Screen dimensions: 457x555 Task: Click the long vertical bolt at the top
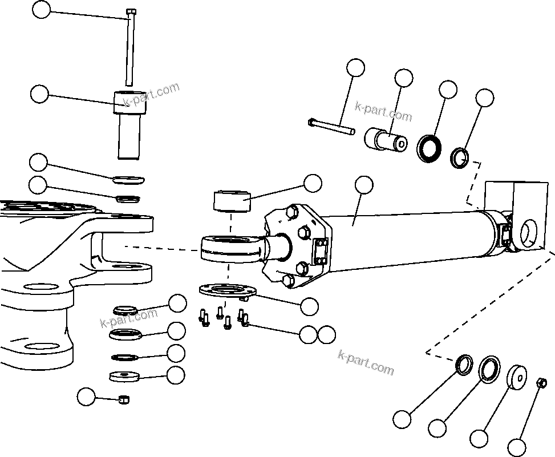coord(131,48)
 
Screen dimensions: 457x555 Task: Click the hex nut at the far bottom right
coord(542,382)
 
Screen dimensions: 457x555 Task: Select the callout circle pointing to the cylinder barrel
coord(363,185)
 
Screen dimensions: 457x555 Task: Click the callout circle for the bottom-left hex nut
coord(87,397)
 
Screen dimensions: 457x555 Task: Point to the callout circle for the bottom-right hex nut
coord(517,447)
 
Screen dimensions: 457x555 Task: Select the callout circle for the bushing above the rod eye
coord(313,183)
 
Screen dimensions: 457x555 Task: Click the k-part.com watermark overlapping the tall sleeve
coord(151,94)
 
